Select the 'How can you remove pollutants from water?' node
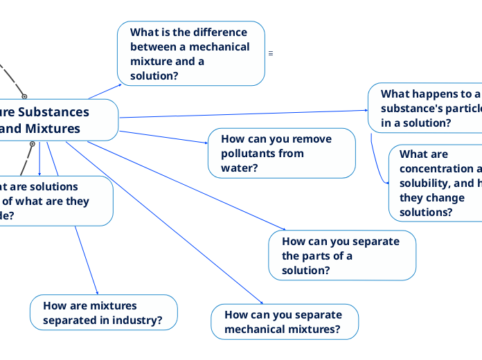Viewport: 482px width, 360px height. tap(282, 153)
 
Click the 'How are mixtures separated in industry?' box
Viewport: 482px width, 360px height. tap(103, 312)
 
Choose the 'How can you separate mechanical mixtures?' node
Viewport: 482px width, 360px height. tap(285, 321)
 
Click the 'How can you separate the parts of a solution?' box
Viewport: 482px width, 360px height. tap(342, 255)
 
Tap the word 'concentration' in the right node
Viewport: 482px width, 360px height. tap(436, 169)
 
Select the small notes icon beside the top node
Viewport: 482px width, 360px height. tap(270, 53)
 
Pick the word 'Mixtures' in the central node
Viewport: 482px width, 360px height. tap(54, 128)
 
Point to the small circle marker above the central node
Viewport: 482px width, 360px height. tap(24, 97)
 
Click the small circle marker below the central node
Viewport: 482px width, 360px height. tap(32, 143)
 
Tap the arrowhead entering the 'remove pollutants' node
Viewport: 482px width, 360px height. tap(206, 143)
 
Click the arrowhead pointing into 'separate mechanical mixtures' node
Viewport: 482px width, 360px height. tap(261, 302)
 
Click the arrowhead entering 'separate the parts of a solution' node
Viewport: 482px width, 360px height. tap(283, 229)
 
